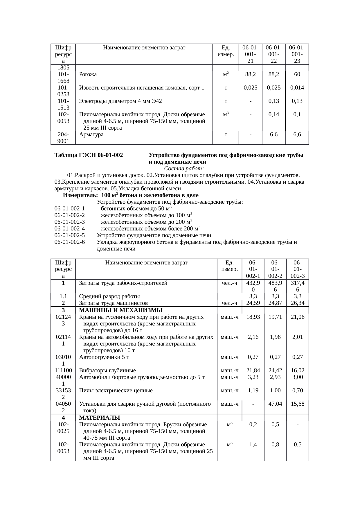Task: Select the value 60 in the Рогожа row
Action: coord(297,74)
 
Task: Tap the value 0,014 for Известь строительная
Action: coord(297,88)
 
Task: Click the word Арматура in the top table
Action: coord(91,135)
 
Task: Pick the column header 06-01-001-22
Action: coord(273,54)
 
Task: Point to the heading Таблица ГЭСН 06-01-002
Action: coord(89,155)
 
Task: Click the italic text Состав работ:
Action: coord(184,169)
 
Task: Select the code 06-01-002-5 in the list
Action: coord(70,235)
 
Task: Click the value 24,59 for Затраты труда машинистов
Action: coord(253,303)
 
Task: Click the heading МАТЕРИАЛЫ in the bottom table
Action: coord(100,418)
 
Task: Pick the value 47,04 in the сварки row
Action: coord(275,404)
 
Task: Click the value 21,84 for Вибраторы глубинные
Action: coord(253,371)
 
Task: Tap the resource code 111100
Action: coord(63,371)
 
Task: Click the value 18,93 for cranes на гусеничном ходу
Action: coord(253,317)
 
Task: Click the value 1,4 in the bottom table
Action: coord(253,445)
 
